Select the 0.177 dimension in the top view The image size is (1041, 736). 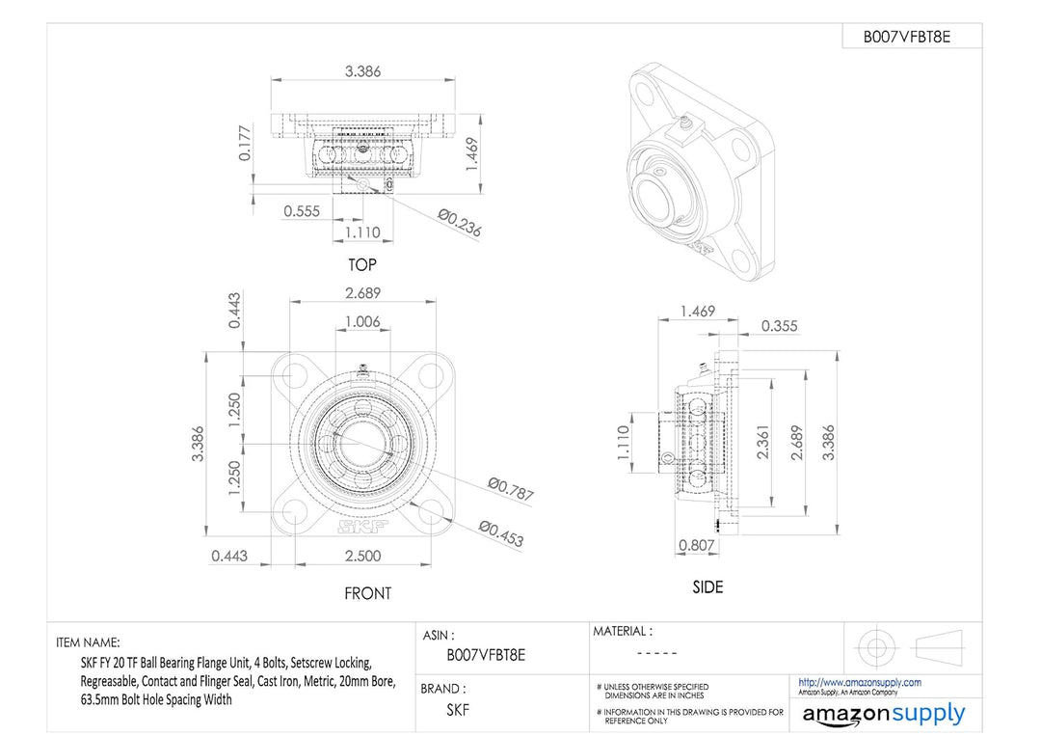click(x=245, y=143)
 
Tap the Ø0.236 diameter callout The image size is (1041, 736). click(x=459, y=223)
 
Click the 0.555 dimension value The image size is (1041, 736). click(x=302, y=211)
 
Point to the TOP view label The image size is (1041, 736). click(x=362, y=264)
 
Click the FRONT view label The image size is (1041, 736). click(x=368, y=593)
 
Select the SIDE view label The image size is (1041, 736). click(x=707, y=586)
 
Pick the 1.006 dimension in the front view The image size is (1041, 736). click(x=362, y=321)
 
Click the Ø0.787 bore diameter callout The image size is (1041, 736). click(x=510, y=489)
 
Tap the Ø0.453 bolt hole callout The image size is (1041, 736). click(x=501, y=533)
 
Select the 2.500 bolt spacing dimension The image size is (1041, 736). click(x=362, y=556)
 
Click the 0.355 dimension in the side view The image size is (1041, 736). click(x=779, y=326)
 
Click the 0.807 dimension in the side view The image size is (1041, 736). click(x=697, y=544)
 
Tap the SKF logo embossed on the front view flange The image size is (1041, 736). click(x=361, y=527)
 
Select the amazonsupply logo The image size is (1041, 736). click(x=883, y=714)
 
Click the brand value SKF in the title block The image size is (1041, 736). click(x=458, y=710)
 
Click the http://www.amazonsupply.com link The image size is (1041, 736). click(x=859, y=682)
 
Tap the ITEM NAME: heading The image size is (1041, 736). click(x=88, y=642)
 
